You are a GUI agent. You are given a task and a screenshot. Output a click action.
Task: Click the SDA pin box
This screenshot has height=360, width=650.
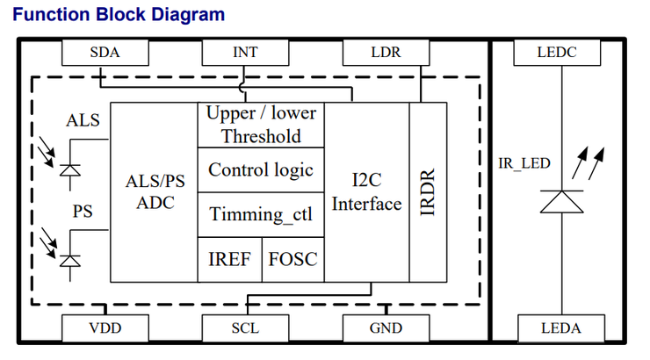(x=105, y=53)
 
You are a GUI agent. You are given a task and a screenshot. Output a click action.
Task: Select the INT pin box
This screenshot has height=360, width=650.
(x=246, y=53)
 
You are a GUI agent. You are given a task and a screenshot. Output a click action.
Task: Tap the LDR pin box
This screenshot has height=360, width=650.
(x=386, y=53)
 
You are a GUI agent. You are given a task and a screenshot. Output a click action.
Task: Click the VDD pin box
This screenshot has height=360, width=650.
(x=105, y=328)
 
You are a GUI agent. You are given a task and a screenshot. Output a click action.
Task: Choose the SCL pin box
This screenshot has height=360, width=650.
(x=246, y=328)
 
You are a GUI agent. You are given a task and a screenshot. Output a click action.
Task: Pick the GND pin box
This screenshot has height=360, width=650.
(x=386, y=328)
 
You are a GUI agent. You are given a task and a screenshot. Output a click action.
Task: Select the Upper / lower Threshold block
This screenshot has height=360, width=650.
(x=261, y=125)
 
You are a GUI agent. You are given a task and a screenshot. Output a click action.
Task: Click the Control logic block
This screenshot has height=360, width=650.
(x=261, y=169)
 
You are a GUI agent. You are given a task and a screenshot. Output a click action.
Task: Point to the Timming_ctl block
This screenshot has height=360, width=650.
(x=261, y=214)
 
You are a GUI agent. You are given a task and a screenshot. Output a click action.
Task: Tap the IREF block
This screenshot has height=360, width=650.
(x=228, y=259)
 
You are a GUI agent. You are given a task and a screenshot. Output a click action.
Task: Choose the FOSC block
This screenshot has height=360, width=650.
(x=292, y=259)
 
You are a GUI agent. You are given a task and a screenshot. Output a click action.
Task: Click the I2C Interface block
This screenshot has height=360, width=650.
(x=366, y=191)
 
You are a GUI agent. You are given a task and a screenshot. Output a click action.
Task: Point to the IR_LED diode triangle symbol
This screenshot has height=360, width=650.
(x=560, y=201)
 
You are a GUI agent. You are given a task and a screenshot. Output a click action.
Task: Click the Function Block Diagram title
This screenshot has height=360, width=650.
(x=119, y=15)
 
